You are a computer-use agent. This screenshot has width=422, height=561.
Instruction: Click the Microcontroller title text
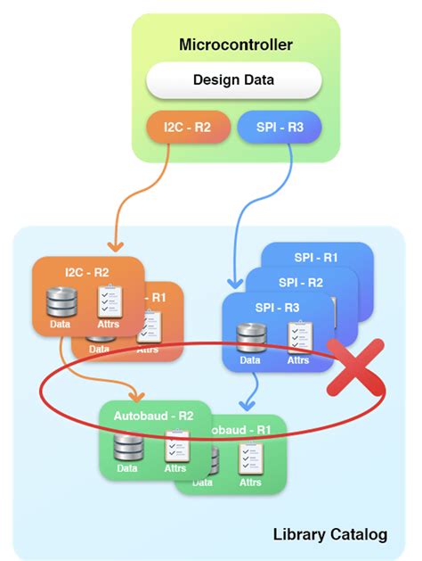click(236, 44)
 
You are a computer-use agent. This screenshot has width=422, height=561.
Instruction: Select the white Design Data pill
click(234, 80)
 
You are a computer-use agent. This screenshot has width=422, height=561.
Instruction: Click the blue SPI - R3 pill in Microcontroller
click(280, 128)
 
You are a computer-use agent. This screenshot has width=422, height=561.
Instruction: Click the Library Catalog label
click(329, 534)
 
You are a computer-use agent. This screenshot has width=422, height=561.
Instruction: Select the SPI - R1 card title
click(317, 257)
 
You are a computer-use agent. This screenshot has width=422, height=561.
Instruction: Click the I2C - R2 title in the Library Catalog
click(87, 271)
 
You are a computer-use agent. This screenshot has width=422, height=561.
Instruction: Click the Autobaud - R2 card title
click(154, 415)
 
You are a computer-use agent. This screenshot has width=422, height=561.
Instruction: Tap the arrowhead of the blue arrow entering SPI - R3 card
click(233, 284)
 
